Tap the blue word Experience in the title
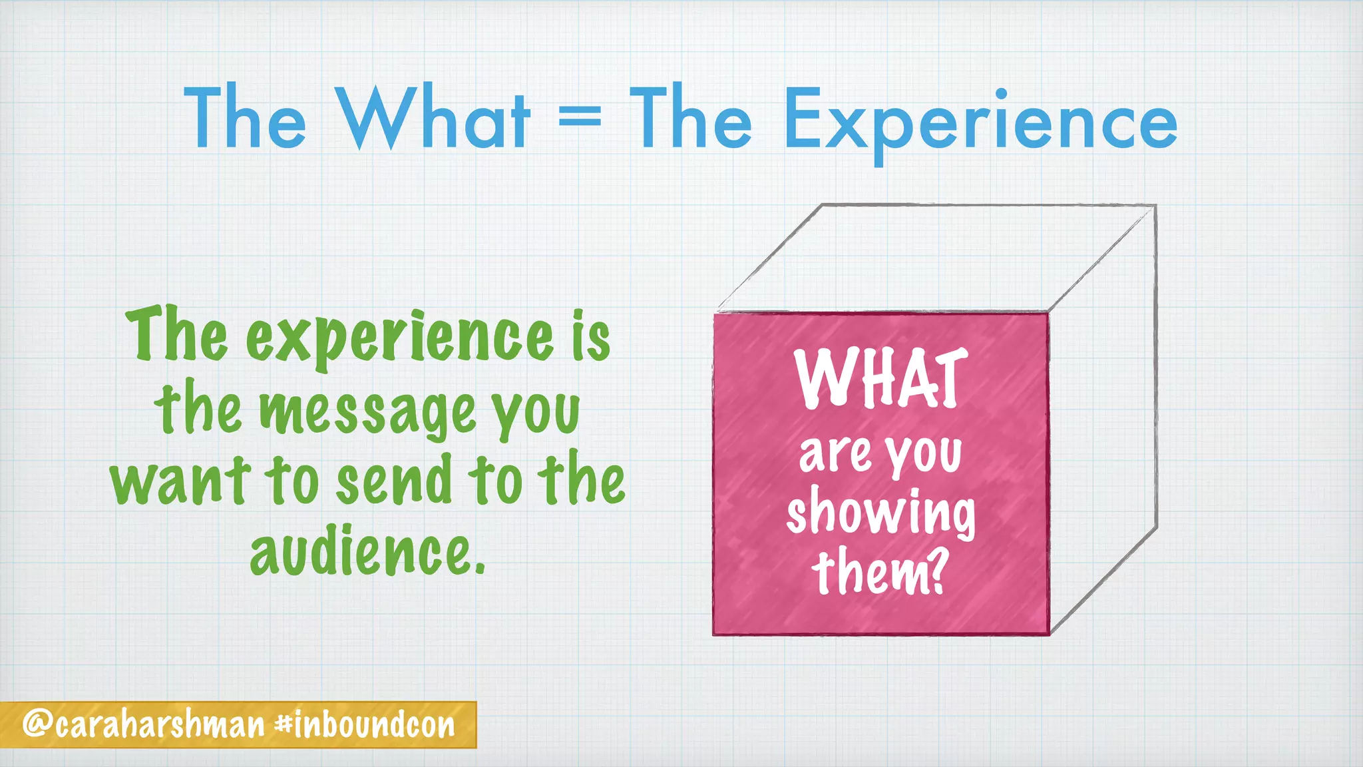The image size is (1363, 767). click(980, 121)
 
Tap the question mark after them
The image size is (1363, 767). click(936, 573)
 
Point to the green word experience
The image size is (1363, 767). click(399, 338)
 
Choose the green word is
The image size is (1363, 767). click(592, 337)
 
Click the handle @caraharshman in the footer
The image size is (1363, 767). click(143, 724)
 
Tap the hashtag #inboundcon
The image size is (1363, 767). click(365, 724)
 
